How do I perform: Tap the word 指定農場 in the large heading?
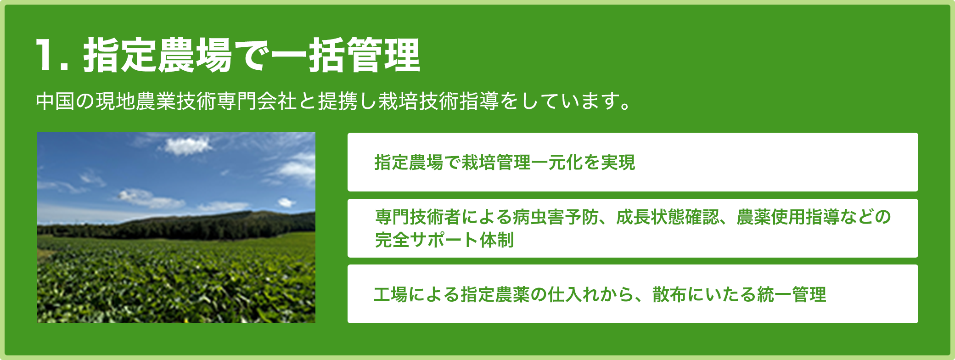coord(158,55)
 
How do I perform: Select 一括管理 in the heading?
coord(346,55)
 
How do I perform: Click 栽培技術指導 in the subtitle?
coord(438,101)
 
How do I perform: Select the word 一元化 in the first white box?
coord(561,162)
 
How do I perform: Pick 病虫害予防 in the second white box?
coord(556,217)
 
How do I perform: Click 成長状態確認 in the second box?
coord(668,217)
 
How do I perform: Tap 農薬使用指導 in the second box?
coord(788,217)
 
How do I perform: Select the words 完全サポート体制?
coord(444,240)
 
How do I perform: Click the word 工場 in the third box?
coord(391,294)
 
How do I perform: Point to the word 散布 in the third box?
coord(670,294)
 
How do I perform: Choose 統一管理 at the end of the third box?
coord(792,294)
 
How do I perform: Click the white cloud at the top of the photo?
coord(187,146)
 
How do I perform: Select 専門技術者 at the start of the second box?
coord(418,217)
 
